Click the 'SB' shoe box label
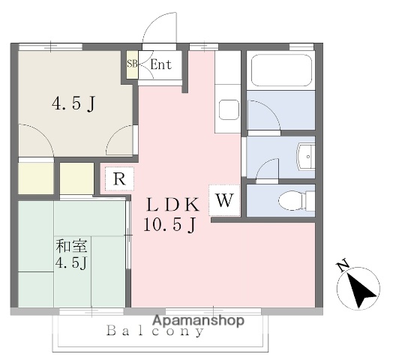[x=132, y=64]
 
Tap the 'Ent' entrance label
[x=160, y=64]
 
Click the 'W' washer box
[x=225, y=200]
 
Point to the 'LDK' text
[x=172, y=203]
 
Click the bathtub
[x=281, y=70]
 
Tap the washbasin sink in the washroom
[x=307, y=158]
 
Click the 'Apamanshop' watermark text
[x=199, y=320]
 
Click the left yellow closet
[x=35, y=179]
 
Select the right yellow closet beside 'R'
[x=77, y=179]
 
